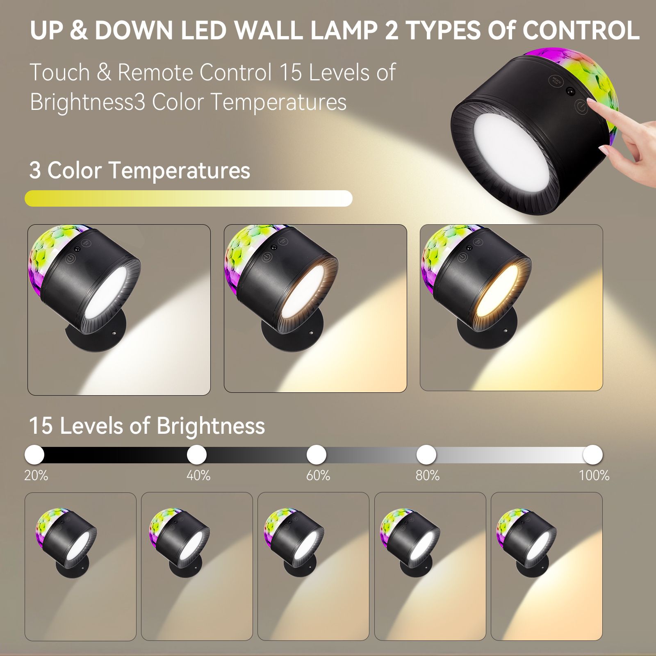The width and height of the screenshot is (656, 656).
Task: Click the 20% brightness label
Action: click(36, 476)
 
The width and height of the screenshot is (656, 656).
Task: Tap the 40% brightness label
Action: click(198, 476)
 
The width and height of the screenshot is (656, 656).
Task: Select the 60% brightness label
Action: click(318, 476)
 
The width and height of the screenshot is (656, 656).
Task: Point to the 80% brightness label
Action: click(428, 476)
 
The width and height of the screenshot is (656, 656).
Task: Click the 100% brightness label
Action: click(594, 476)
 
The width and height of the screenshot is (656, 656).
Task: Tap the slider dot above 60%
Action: click(317, 454)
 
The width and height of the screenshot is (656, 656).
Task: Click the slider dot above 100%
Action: click(592, 454)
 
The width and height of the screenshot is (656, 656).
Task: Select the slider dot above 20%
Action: click(34, 454)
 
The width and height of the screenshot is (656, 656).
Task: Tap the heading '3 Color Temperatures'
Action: click(140, 170)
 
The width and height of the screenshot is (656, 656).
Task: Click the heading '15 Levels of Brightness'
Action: click(147, 426)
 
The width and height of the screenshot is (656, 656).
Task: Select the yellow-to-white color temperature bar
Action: click(189, 198)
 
